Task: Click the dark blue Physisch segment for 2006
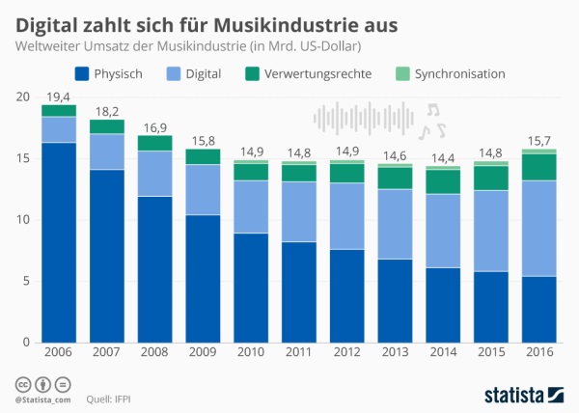[x=59, y=241]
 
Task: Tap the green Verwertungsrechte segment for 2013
[x=395, y=178]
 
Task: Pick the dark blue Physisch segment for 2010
[x=251, y=288]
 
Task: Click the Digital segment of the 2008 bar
[x=154, y=174]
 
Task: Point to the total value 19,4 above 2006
[x=59, y=96]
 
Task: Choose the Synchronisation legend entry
[x=451, y=72]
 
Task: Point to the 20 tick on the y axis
[x=23, y=97]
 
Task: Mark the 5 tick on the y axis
[x=26, y=281]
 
